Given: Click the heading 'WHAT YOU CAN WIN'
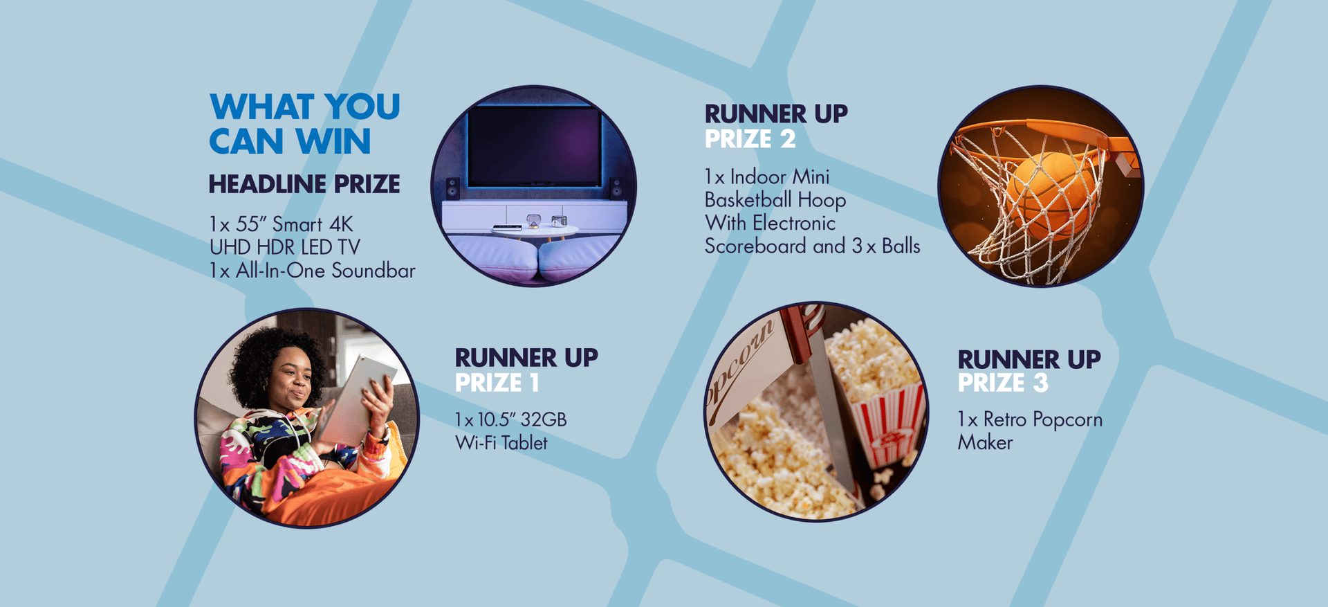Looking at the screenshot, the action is coord(304,124).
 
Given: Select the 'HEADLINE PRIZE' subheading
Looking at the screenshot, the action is coord(304,184).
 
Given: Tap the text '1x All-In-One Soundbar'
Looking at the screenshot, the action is coord(312,271).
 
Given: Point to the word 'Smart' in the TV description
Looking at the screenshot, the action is coord(297,224).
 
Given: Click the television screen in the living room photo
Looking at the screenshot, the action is coord(534,147).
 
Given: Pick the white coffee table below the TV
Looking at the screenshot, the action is coord(535,230).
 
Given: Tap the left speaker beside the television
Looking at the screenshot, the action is coord(452,188).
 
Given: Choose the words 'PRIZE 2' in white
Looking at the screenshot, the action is coord(750,139).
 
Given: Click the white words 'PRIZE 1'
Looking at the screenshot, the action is coord(497,383).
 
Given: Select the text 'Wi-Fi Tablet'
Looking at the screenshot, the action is coord(501,443).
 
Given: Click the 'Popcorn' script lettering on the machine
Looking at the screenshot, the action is coord(741,370).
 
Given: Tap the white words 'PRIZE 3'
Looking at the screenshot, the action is coord(1003,383).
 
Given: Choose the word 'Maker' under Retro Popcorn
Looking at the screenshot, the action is coord(985,443).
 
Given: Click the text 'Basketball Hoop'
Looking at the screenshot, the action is coord(775,200).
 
